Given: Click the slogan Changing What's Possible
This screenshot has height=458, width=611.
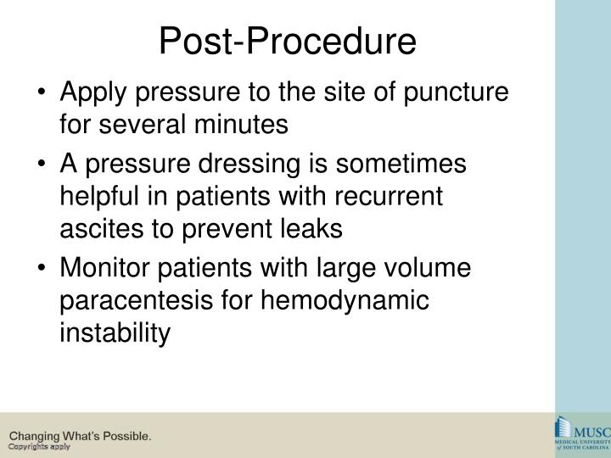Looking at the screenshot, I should [81, 436].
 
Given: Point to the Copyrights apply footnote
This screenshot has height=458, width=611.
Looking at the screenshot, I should [39, 447].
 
